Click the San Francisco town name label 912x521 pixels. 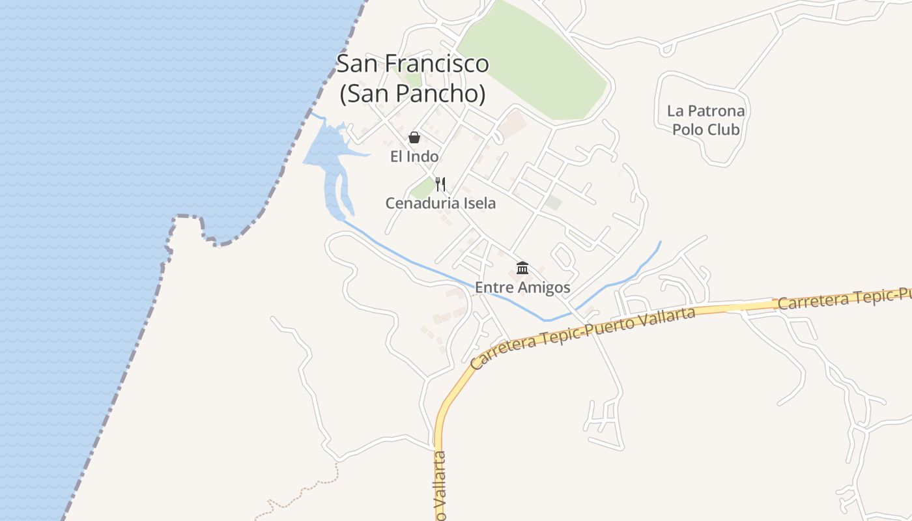(x=412, y=64)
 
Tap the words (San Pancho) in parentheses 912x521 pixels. (x=412, y=94)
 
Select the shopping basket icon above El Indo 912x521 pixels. (x=414, y=137)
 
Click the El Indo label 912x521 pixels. (x=414, y=156)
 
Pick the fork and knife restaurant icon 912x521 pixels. (x=440, y=184)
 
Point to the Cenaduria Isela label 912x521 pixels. (x=440, y=203)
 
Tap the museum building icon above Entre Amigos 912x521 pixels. (x=522, y=268)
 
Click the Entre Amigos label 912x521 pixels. (x=522, y=287)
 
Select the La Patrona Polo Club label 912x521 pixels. (x=705, y=120)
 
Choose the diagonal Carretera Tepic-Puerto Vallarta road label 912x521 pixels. (x=583, y=337)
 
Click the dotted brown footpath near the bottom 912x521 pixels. (x=306, y=492)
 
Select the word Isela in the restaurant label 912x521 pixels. (x=479, y=203)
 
